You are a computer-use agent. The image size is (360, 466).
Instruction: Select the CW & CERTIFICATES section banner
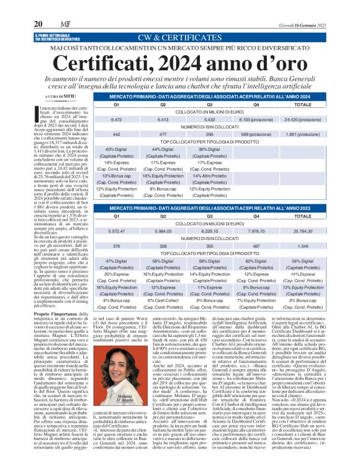(179, 37)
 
